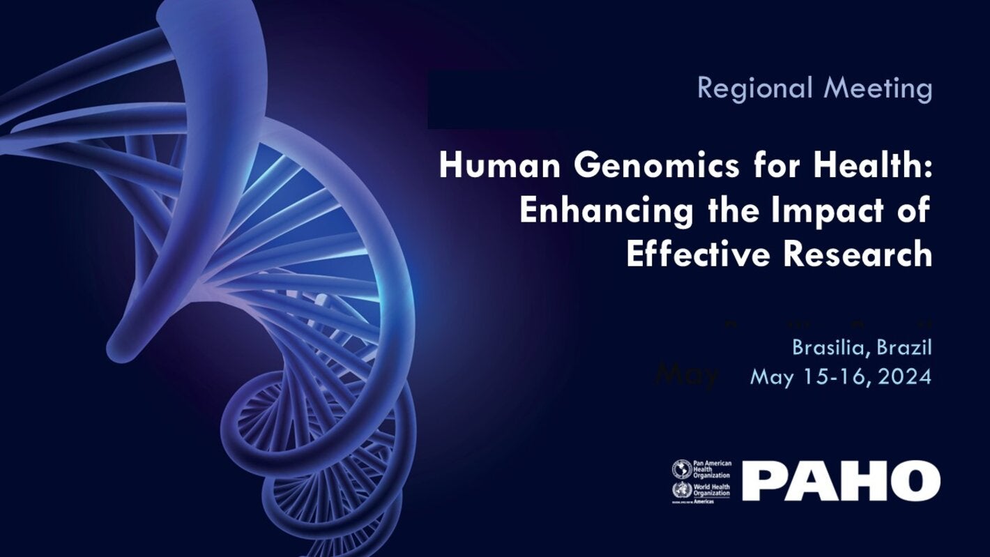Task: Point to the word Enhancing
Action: click(605, 211)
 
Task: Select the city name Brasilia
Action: click(830, 347)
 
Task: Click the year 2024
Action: click(904, 377)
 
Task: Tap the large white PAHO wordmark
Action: click(841, 480)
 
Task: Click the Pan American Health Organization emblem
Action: click(680, 468)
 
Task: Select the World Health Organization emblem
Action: click(680, 489)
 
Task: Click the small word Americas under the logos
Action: click(710, 501)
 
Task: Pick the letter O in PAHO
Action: click(915, 480)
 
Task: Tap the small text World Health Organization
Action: click(712, 489)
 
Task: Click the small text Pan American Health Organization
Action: click(712, 468)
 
